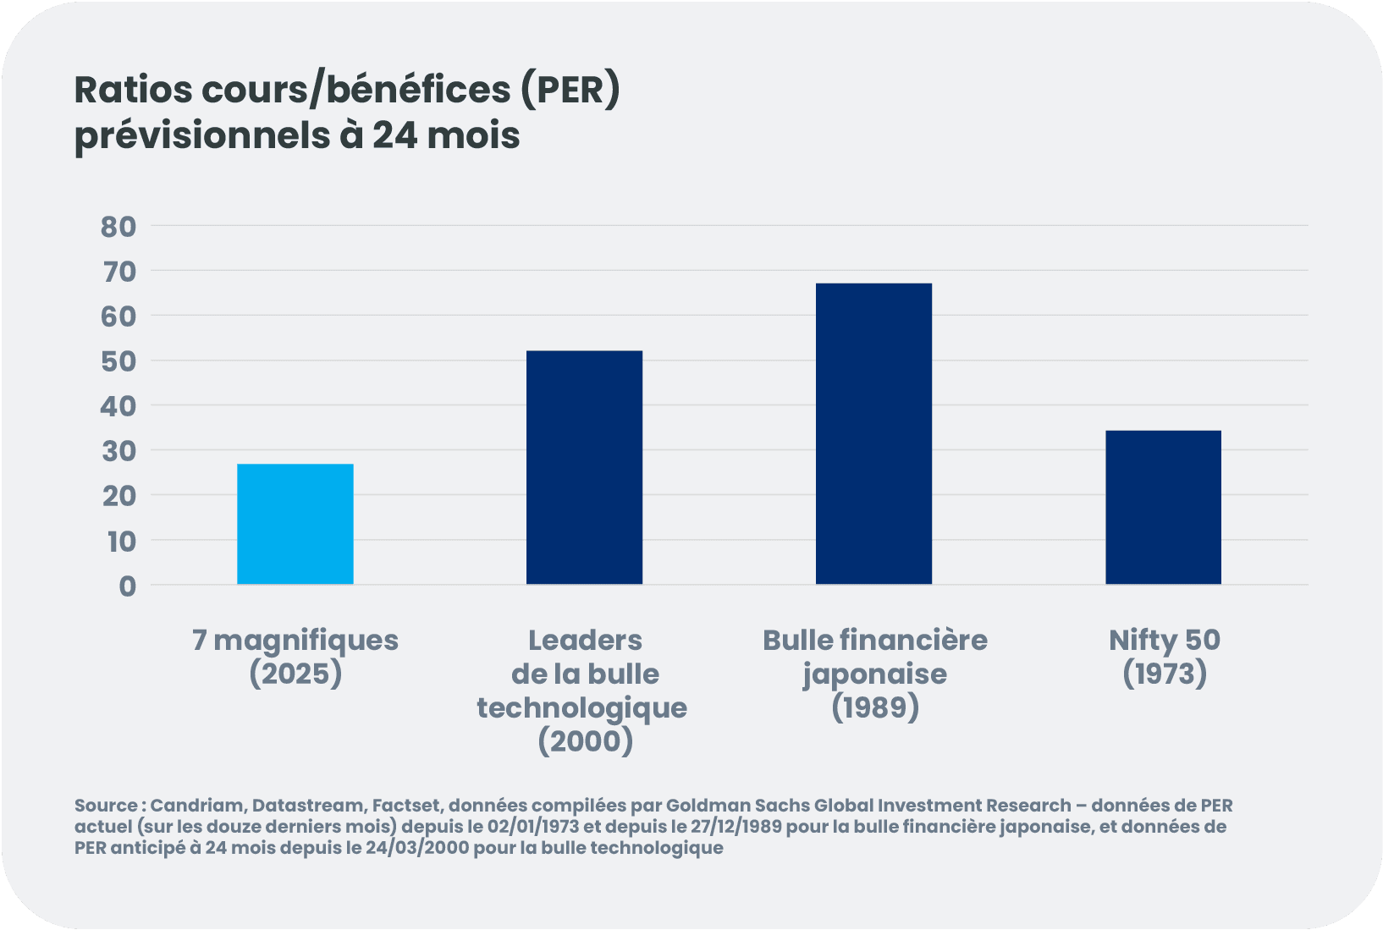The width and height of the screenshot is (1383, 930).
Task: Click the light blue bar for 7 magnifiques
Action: coord(295,524)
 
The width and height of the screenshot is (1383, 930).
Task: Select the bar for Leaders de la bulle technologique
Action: coord(584,467)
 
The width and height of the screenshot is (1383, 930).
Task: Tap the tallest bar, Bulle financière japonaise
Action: coord(873,433)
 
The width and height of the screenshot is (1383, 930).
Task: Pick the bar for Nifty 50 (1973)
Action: coord(1163,507)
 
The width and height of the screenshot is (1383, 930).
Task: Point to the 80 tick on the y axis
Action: coord(118,226)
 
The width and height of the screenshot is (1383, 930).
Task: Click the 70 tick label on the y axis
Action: coord(118,272)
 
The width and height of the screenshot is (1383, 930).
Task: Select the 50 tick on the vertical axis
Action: coord(118,361)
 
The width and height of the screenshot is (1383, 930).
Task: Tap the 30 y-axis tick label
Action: coord(118,451)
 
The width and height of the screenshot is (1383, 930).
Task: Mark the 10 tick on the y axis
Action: coord(121,541)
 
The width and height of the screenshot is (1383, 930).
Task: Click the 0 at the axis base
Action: coord(127,586)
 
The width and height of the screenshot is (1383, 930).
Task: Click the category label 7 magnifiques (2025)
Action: coord(295,657)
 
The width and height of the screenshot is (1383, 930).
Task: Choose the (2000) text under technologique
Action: coord(585,742)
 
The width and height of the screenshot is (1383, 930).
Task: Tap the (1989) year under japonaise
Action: coord(874,707)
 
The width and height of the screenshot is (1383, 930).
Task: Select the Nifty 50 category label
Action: coord(1164,641)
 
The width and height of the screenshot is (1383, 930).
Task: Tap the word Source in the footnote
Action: coord(105,805)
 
